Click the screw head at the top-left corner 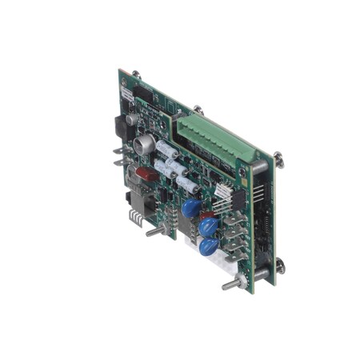(x=136, y=74)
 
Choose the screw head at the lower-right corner (x=279, y=262)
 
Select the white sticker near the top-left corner (x=126, y=94)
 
